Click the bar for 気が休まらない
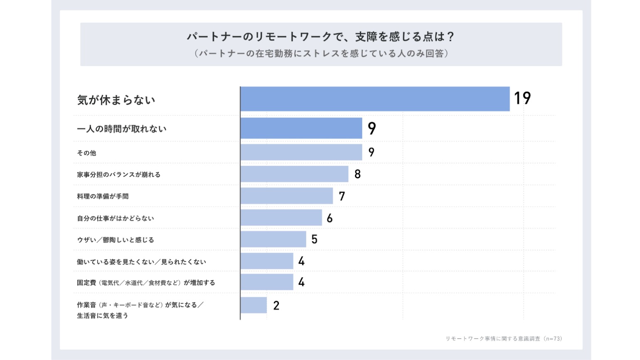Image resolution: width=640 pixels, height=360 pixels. click(x=375, y=99)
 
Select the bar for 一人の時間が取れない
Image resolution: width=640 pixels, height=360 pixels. click(x=301, y=128)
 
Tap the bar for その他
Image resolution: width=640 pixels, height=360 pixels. click(x=301, y=152)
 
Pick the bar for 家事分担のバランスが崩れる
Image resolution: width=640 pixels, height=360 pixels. click(x=295, y=174)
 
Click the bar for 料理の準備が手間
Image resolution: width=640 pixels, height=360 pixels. click(x=287, y=196)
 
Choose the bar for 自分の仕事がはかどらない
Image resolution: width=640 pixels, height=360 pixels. click(x=281, y=217)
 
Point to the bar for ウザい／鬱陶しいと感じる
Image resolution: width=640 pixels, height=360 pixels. click(x=273, y=239)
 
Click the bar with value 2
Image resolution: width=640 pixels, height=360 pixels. click(x=254, y=305)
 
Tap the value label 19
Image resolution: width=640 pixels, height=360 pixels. click(x=522, y=98)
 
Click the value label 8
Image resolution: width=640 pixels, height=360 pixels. click(x=357, y=174)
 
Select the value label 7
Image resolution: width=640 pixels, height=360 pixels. click(x=342, y=196)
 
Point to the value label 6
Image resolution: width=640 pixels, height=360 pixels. click(x=330, y=218)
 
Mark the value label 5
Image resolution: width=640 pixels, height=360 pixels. click(x=314, y=239)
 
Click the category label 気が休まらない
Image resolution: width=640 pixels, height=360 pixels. click(x=116, y=100)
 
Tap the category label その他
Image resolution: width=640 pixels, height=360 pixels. click(x=86, y=153)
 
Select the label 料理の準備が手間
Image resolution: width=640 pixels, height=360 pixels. click(x=103, y=196)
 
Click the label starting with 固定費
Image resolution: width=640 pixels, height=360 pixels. click(x=146, y=283)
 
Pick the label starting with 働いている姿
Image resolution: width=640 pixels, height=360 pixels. click(x=141, y=262)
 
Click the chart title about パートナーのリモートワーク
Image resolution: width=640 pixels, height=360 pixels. click(x=320, y=37)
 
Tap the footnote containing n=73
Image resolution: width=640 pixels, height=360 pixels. click(x=504, y=338)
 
